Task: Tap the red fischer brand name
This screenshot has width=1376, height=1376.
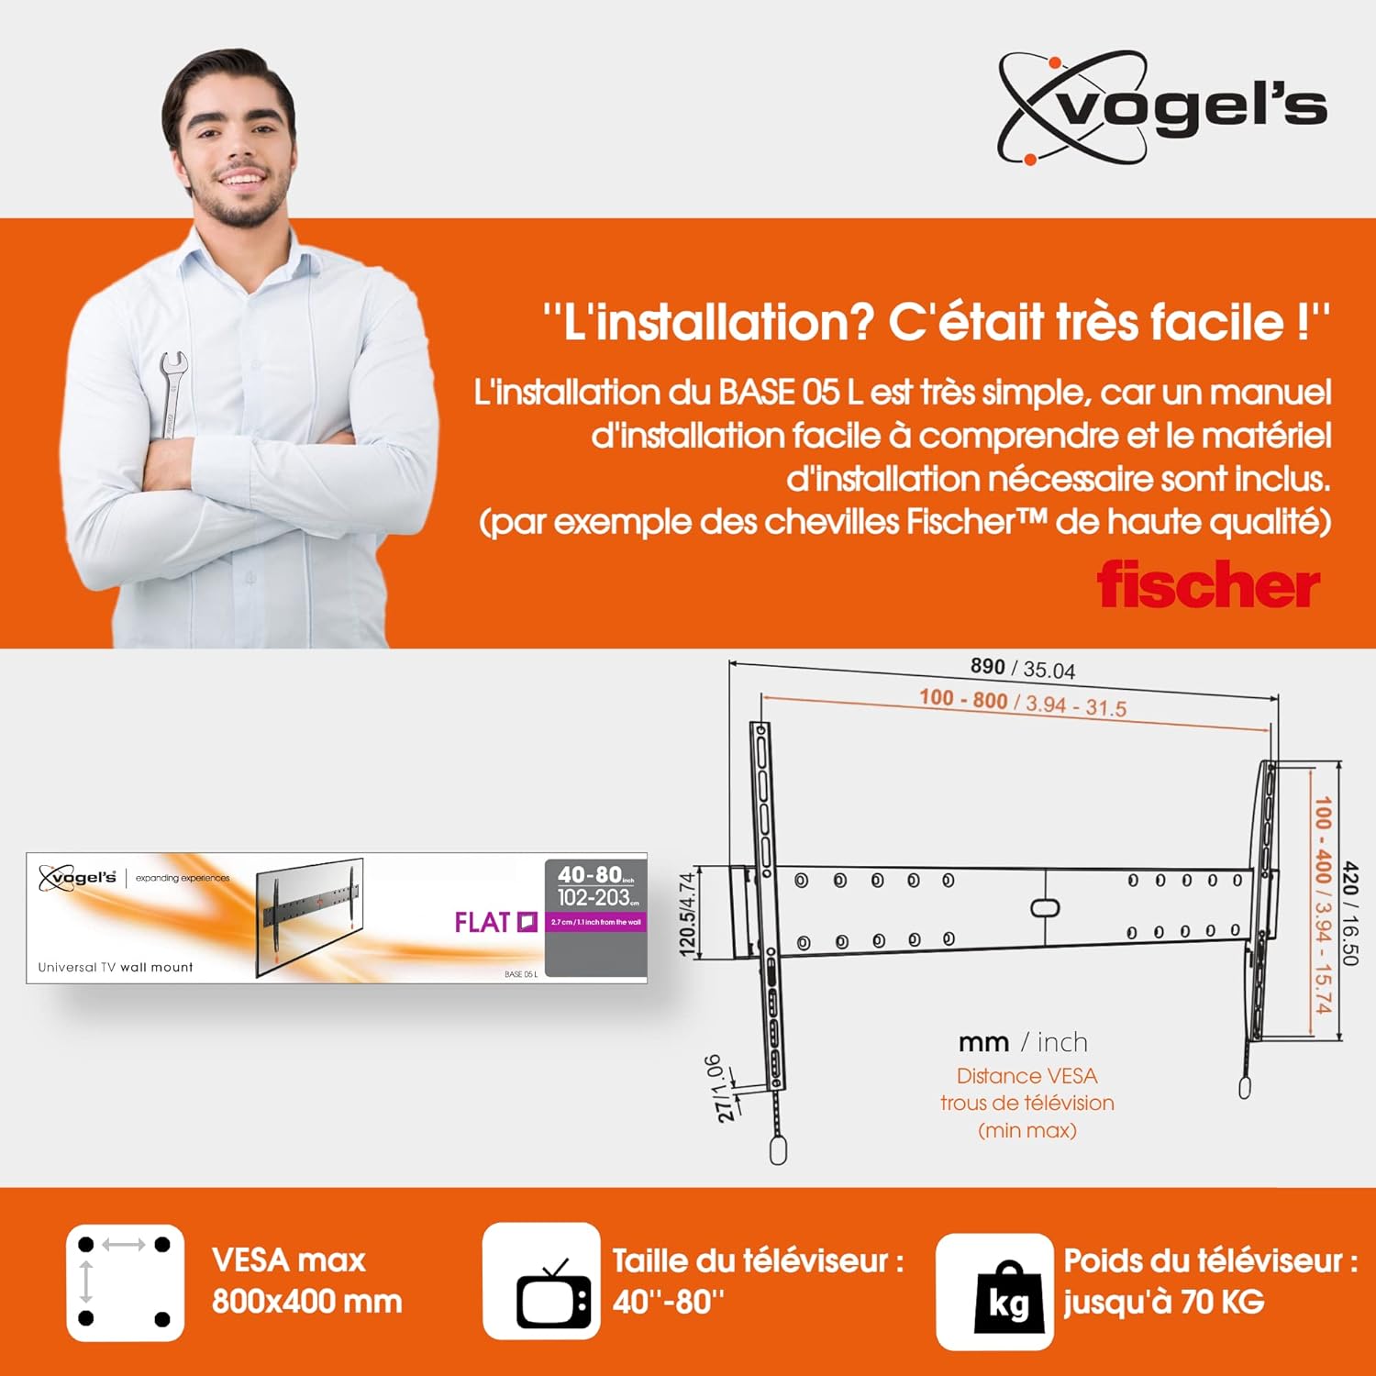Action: (x=1208, y=584)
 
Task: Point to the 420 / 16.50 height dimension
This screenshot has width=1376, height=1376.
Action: (x=1349, y=913)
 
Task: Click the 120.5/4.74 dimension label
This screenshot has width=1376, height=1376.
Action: (x=687, y=915)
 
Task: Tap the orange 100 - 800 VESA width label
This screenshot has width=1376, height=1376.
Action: (x=1022, y=703)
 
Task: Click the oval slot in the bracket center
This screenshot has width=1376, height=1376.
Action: (x=1045, y=907)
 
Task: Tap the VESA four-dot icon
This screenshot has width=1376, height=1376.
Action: (x=125, y=1282)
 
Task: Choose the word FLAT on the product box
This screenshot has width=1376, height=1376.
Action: (x=483, y=922)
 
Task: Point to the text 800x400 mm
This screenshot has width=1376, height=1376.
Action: (x=307, y=1301)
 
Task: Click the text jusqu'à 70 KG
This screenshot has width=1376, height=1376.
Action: (x=1164, y=1301)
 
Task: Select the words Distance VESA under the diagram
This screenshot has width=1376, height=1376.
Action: (x=1026, y=1075)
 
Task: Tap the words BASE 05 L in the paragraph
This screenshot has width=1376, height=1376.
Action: (x=790, y=393)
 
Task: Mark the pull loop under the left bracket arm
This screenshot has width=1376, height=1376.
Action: (x=778, y=1150)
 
